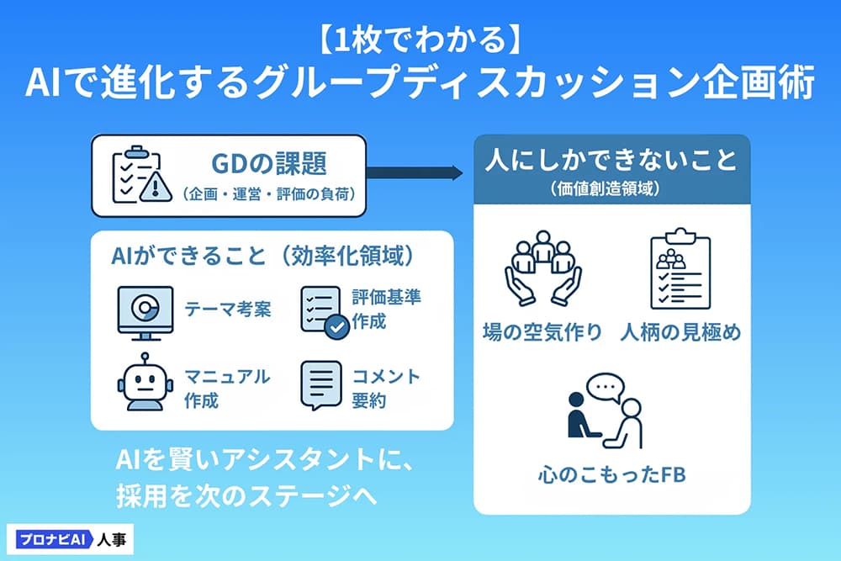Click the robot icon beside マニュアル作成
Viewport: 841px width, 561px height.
145,382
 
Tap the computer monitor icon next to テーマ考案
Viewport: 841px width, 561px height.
145,313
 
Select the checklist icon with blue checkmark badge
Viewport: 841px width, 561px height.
325,312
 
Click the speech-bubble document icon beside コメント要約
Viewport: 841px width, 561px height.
321,385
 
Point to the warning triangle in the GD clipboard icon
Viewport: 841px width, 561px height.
156,187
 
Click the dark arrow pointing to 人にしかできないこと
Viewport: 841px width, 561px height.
414,173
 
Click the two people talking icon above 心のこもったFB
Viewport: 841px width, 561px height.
605,410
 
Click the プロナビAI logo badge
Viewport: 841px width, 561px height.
54,539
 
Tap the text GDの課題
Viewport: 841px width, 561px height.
269,163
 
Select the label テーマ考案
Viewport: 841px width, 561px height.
228,309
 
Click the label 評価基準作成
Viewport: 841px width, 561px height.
386,309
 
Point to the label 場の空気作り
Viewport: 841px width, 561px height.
542,332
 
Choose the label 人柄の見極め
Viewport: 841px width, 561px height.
680,332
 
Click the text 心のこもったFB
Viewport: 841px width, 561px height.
612,474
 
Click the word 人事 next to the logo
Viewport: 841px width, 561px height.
112,539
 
